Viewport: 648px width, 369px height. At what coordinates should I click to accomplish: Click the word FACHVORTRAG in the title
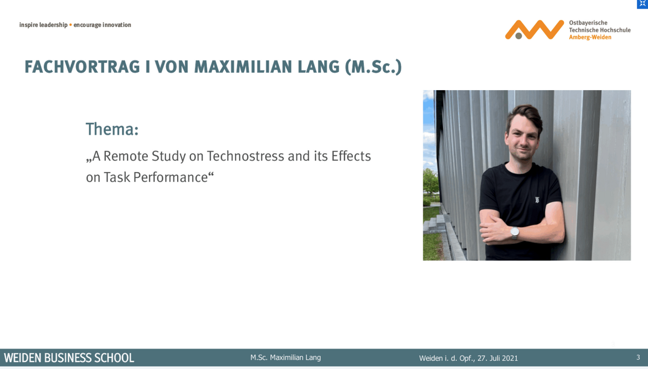pos(82,67)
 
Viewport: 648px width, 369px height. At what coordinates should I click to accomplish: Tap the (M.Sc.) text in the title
pos(373,67)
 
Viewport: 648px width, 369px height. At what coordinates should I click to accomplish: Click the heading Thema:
pos(112,129)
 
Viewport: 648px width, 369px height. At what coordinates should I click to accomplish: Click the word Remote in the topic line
pos(125,156)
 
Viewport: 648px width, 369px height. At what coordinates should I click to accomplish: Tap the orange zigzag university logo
pos(534,30)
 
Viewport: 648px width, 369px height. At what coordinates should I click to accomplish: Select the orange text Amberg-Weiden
pos(590,37)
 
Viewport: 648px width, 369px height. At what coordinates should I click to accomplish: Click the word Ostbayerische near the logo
pos(588,23)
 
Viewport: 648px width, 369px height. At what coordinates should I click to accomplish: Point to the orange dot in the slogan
pos(71,25)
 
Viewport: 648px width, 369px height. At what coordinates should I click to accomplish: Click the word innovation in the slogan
pos(117,25)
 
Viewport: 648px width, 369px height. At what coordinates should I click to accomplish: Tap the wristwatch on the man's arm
pos(515,233)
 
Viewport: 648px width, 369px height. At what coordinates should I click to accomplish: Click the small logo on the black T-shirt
pos(537,200)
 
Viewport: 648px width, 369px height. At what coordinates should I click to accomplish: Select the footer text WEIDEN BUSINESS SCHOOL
pos(69,358)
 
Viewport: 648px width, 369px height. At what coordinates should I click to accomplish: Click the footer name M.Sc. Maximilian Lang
pos(286,358)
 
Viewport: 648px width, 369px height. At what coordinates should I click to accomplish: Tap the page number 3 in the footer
pos(638,358)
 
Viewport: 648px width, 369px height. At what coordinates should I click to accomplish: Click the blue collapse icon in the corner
pos(643,4)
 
